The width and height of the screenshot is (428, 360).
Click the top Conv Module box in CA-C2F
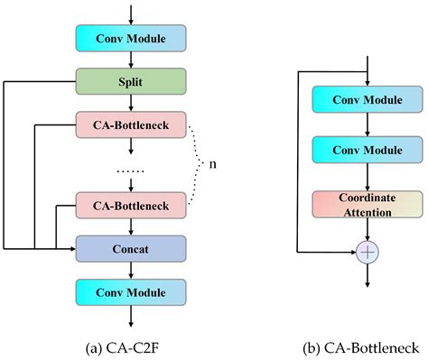tap(132, 38)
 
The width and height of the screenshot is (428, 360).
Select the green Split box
tap(132, 81)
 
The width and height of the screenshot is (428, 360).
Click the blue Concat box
tap(132, 246)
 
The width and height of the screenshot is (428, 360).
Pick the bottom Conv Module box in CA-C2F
tap(132, 291)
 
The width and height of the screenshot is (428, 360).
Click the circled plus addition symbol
tap(368, 254)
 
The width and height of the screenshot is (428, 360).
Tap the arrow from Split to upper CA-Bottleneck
tap(132, 101)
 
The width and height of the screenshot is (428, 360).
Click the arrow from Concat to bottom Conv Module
tap(132, 269)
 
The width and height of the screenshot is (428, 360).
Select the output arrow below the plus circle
tap(368, 275)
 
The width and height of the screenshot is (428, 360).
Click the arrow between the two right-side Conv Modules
tap(368, 125)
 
